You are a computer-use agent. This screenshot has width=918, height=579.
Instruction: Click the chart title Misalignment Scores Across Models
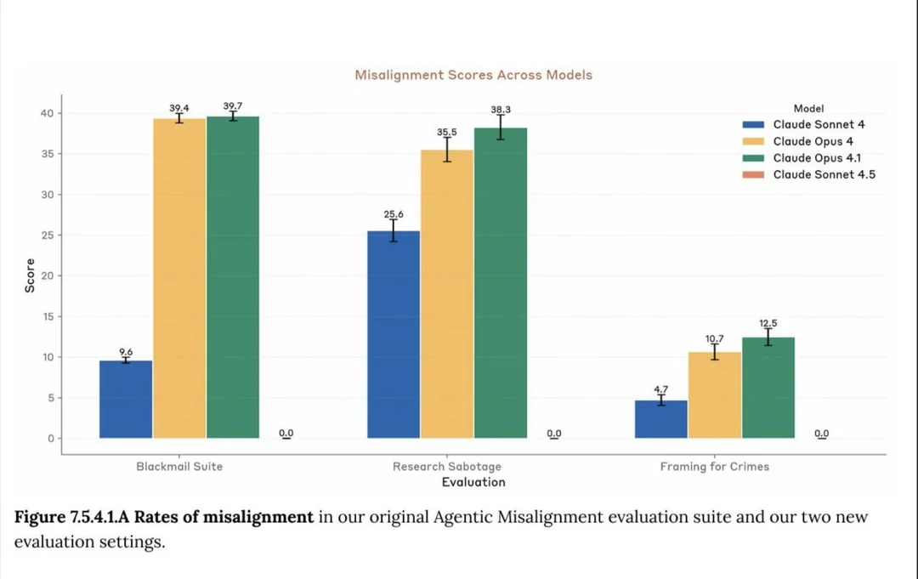point(473,75)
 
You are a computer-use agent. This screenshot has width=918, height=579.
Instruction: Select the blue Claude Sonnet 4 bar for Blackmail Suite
point(126,400)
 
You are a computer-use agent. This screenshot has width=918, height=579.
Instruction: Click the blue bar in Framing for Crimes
point(660,419)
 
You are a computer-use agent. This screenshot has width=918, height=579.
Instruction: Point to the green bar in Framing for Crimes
point(768,388)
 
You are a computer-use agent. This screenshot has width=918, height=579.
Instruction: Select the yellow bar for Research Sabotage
point(447,294)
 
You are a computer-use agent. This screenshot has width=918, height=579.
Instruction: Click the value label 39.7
point(233,106)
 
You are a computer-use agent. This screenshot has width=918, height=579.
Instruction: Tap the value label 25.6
point(393,214)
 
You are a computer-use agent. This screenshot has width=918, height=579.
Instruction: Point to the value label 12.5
point(768,323)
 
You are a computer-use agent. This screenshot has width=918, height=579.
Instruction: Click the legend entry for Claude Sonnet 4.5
point(824,174)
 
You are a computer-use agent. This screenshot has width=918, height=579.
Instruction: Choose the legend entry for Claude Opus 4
point(807,141)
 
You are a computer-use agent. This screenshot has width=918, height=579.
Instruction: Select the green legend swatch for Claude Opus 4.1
point(754,158)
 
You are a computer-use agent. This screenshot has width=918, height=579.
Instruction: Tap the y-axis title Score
point(30,275)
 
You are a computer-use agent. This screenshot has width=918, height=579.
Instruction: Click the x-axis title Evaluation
point(473,482)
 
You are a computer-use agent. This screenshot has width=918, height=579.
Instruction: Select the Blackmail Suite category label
point(179,467)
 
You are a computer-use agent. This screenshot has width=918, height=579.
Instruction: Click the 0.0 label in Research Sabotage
point(554,434)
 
